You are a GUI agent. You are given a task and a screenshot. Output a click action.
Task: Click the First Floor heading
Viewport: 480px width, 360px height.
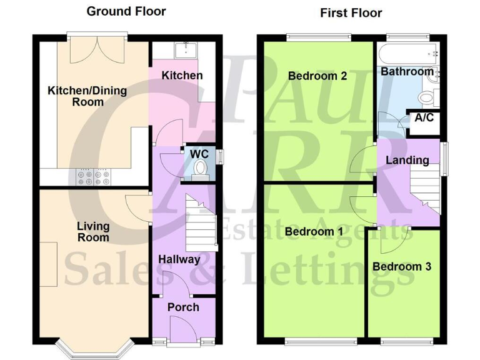[351, 12]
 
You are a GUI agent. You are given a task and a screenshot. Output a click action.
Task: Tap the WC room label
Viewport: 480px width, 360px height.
[199, 154]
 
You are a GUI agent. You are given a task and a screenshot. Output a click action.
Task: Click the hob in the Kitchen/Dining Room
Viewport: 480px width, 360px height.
[93, 178]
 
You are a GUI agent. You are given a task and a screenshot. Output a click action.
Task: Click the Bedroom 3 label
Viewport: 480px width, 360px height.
[402, 266]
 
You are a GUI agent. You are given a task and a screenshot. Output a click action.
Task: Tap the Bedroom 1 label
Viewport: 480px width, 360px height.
[314, 232]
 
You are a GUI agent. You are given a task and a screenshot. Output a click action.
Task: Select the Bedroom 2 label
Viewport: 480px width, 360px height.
[317, 76]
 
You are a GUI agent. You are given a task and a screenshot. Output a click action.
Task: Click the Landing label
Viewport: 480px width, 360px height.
[407, 160]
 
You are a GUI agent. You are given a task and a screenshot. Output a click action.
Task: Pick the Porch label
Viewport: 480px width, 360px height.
[183, 307]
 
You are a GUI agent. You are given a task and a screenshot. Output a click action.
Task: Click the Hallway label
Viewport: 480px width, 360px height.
[179, 259]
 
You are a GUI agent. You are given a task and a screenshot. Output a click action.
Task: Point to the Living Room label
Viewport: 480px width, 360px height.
[93, 231]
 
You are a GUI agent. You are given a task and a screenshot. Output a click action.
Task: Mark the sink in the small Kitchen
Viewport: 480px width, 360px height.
[185, 49]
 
